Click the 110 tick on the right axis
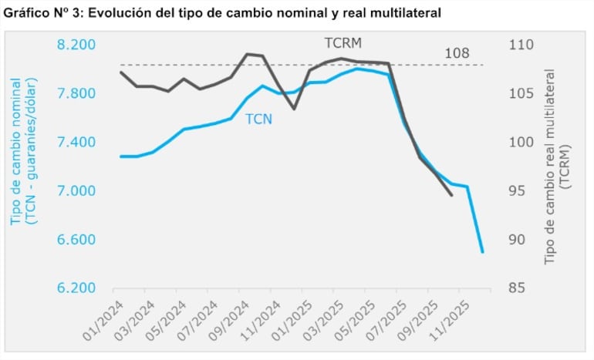pos(521,45)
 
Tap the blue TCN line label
pos(258,119)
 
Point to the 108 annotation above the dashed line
pos(458,54)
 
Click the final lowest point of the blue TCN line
pos(483,252)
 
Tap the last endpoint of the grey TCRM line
pos(451,195)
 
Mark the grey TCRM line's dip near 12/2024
pos(294,109)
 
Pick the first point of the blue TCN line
pos(120,156)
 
